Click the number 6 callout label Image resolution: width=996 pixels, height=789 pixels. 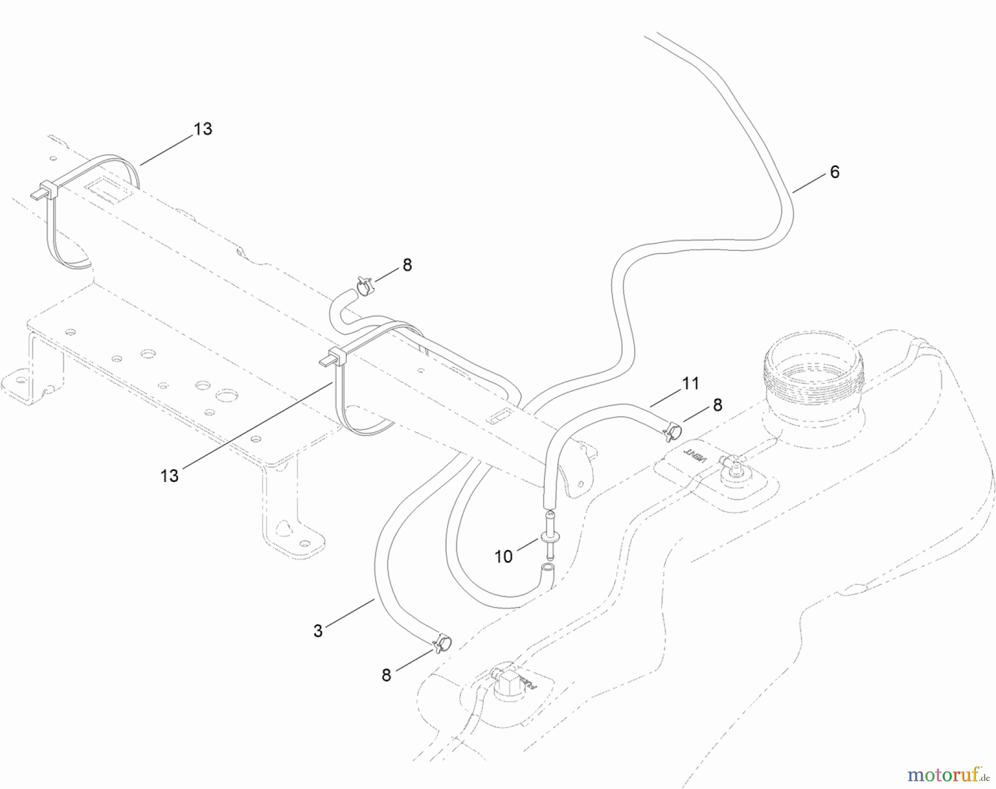[834, 172]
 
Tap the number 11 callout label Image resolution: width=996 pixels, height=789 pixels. [690, 383]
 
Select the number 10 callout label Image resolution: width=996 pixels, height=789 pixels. [503, 557]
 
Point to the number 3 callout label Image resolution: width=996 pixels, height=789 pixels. [318, 631]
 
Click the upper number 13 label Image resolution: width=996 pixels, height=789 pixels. [203, 129]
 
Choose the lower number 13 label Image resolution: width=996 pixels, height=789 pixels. [169, 475]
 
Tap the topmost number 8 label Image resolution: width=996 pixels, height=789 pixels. [407, 265]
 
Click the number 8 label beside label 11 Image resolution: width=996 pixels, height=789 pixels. [717, 405]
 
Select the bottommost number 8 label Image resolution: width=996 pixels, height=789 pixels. [386, 674]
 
